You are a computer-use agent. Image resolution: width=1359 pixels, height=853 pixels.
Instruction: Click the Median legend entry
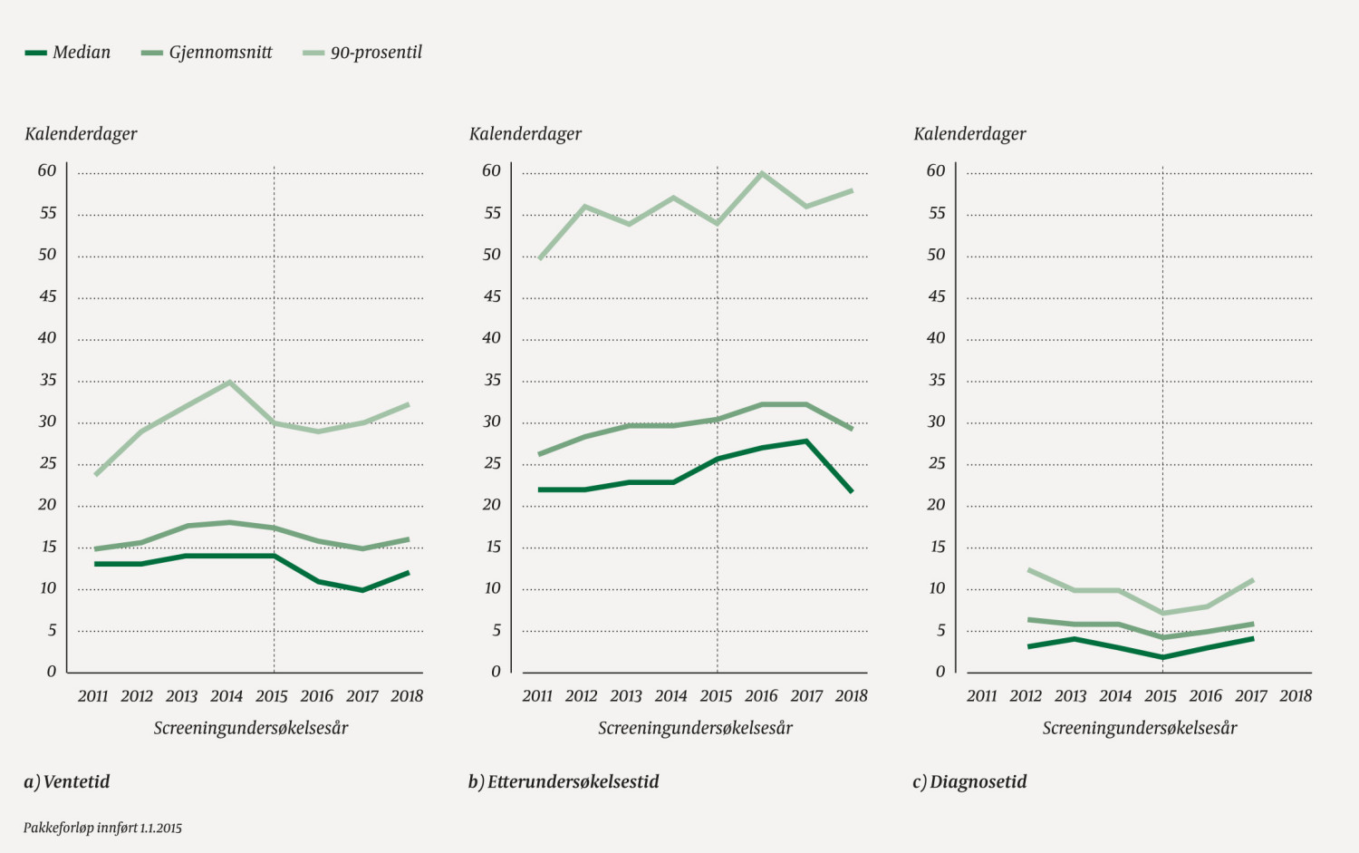point(69,53)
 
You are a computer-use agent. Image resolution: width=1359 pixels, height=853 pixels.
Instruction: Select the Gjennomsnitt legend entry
point(207,53)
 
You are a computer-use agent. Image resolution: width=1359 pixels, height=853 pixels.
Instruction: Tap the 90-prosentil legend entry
point(363,53)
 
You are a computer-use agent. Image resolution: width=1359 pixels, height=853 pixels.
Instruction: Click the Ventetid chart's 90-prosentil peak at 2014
point(230,382)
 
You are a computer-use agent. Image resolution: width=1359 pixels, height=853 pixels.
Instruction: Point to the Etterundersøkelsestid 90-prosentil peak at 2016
point(762,172)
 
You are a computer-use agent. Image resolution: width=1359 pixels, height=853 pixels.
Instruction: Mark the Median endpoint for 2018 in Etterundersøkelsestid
point(852,491)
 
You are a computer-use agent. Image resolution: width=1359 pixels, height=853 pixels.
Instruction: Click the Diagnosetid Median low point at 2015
point(1163,656)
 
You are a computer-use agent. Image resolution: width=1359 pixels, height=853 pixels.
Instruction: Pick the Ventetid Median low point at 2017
point(362,590)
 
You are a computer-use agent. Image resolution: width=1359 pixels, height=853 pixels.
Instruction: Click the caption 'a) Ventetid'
point(67,781)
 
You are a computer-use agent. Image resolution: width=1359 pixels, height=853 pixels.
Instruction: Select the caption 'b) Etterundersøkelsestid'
point(564,781)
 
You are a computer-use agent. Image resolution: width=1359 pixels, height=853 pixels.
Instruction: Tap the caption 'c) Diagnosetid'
point(969,781)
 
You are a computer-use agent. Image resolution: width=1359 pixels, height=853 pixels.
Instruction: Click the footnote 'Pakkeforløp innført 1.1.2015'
point(102,828)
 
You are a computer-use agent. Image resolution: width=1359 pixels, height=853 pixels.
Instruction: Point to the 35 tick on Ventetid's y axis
point(48,380)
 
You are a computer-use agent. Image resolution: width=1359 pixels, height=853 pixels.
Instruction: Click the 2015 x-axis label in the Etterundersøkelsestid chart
point(716,696)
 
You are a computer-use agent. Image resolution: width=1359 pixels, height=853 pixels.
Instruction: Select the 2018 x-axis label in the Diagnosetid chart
point(1296,696)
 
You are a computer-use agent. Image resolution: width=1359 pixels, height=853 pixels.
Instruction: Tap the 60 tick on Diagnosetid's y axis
point(936,170)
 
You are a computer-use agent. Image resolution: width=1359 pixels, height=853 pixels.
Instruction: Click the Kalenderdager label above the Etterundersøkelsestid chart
point(525,134)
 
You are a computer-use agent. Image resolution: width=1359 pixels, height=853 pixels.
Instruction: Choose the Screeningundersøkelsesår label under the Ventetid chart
point(251,728)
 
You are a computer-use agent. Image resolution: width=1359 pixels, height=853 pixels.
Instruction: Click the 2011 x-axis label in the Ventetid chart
point(92,696)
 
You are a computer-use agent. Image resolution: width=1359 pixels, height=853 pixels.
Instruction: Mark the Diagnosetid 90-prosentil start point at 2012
point(1029,570)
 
